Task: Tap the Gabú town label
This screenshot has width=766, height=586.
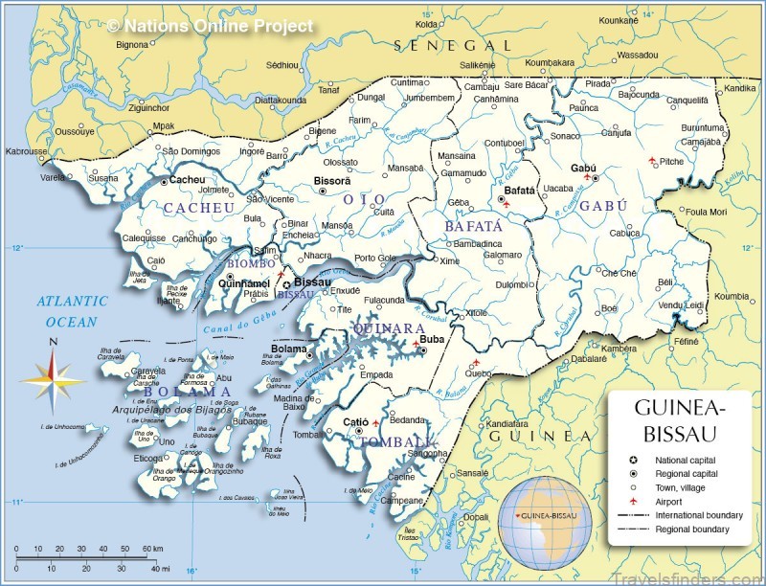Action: pos(583,168)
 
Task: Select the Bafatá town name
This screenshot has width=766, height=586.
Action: pos(519,191)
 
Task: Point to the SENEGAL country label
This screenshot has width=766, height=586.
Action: pos(453,45)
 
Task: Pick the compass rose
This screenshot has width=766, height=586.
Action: pos(54,377)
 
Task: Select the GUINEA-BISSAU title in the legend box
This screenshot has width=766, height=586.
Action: pos(680,418)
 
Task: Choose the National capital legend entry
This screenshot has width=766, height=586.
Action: pos(686,460)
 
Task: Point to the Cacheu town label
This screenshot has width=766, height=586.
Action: pos(188,179)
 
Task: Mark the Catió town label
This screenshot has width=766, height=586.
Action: pos(356,421)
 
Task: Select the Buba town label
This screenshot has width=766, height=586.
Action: pos(434,339)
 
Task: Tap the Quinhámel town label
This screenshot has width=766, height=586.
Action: pos(244,283)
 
